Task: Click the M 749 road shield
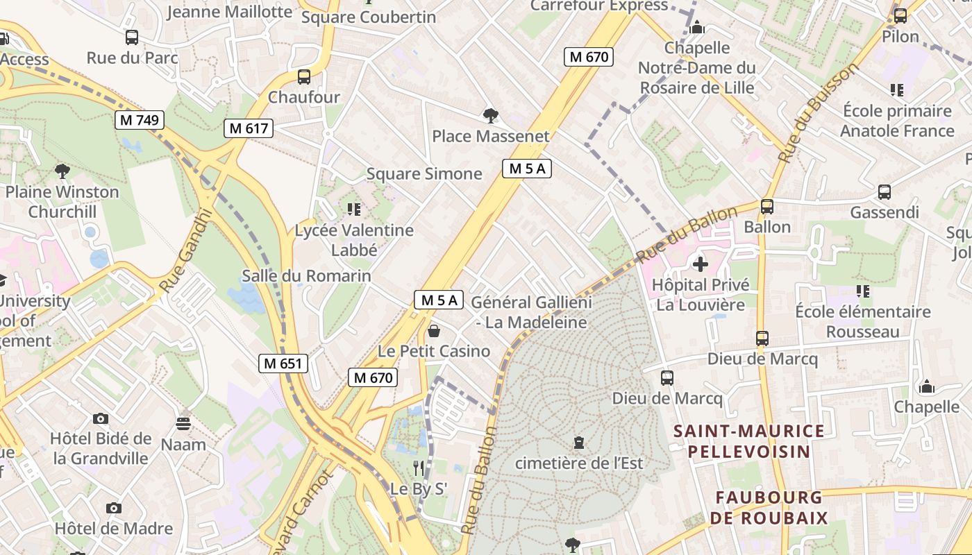pyautogui.click(x=139, y=120)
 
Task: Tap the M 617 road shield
pyautogui.click(x=248, y=128)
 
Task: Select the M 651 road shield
pyautogui.click(x=283, y=363)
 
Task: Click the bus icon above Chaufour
pyautogui.click(x=304, y=77)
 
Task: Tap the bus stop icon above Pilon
pyautogui.click(x=900, y=15)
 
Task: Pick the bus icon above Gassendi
pyautogui.click(x=885, y=192)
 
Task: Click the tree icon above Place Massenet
pyautogui.click(x=491, y=115)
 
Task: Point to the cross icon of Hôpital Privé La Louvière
pyautogui.click(x=701, y=264)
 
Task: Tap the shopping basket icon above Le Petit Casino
pyautogui.click(x=434, y=331)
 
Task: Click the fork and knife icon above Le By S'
pyautogui.click(x=418, y=468)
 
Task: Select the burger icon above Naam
pyautogui.click(x=183, y=423)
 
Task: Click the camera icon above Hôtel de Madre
pyautogui.click(x=114, y=509)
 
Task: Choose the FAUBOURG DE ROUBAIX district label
pyautogui.click(x=769, y=507)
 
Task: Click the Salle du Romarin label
pyautogui.click(x=306, y=276)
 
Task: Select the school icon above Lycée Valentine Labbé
pyautogui.click(x=354, y=209)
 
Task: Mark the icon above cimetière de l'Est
pyautogui.click(x=578, y=442)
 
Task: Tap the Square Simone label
pyautogui.click(x=424, y=173)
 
